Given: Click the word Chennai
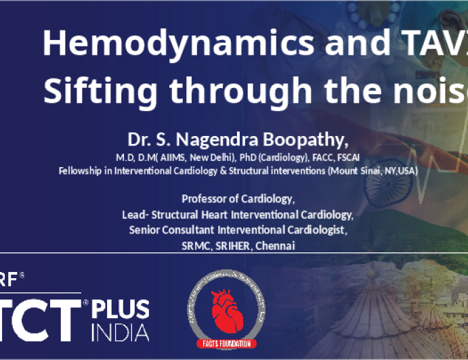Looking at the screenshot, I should (274, 246).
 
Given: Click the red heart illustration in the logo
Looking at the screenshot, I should (227, 312).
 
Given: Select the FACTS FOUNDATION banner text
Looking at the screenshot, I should (228, 344).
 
